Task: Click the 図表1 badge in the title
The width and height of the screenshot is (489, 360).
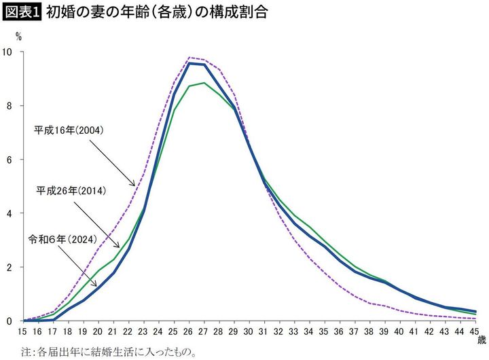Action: coord(22,12)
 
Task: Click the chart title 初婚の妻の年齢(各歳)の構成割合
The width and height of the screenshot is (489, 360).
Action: coord(155,12)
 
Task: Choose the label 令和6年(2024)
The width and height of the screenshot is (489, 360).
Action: coord(62,240)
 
